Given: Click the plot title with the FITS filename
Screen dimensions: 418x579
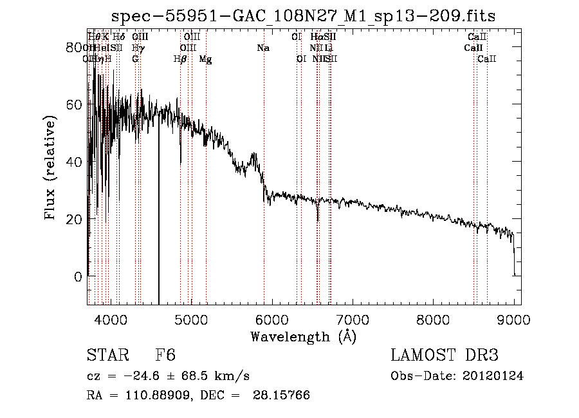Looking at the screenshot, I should tap(303, 15).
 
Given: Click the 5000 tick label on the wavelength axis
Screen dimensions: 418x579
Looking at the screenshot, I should tap(190, 319).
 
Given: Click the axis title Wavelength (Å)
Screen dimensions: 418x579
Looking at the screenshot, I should tap(303, 336).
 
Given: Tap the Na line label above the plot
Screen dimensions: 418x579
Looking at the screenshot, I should tap(262, 48).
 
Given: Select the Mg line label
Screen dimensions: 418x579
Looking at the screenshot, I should tap(205, 59).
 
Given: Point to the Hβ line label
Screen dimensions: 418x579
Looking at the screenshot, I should tap(180, 59).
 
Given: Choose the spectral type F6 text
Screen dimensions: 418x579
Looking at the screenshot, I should tap(165, 356).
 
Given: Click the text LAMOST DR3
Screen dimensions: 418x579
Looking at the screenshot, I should tap(445, 356).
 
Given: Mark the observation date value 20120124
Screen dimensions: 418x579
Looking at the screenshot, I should tap(495, 376).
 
